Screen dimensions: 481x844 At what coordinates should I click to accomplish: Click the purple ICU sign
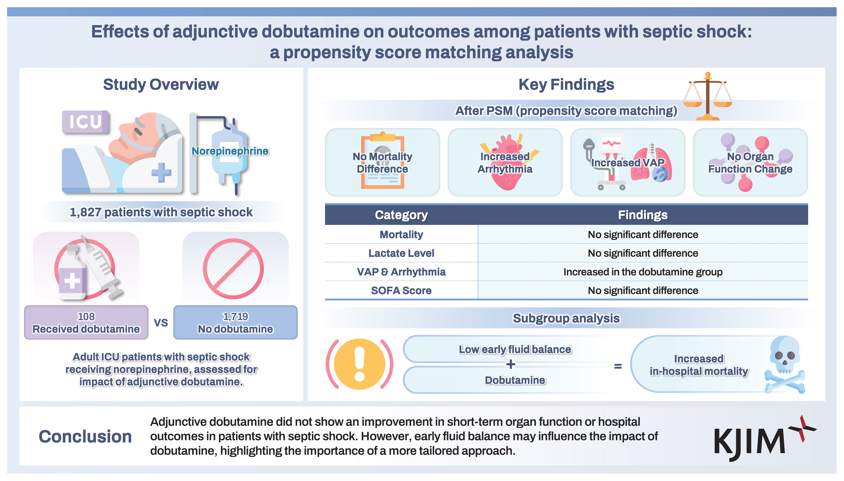pyautogui.click(x=85, y=122)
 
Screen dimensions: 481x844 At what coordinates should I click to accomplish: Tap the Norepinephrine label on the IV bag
pyautogui.click(x=230, y=151)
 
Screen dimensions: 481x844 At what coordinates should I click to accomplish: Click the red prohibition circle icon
pyautogui.click(x=233, y=268)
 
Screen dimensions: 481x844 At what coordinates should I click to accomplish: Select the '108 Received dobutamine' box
pyautogui.click(x=86, y=322)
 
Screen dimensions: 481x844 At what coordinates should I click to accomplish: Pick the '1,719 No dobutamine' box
pyautogui.click(x=235, y=322)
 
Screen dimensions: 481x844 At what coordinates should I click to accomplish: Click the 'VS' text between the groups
pyautogui.click(x=161, y=323)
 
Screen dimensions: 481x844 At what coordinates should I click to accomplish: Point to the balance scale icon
pyautogui.click(x=707, y=96)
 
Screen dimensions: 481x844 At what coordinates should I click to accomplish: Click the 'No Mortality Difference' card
pyautogui.click(x=382, y=162)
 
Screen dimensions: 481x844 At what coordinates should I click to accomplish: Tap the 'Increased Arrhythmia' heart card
pyautogui.click(x=505, y=162)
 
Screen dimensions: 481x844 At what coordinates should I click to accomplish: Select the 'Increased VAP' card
pyautogui.click(x=627, y=162)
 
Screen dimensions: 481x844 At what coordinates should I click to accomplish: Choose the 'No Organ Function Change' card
pyautogui.click(x=750, y=162)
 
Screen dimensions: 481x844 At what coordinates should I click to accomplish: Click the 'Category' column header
pyautogui.click(x=401, y=215)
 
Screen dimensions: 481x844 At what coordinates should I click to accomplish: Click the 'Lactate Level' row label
pyautogui.click(x=401, y=253)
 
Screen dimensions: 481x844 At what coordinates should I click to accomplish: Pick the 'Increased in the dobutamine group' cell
pyautogui.click(x=643, y=272)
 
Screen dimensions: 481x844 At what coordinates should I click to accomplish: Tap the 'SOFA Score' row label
pyautogui.click(x=401, y=290)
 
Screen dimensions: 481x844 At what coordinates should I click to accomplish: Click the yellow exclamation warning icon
pyautogui.click(x=360, y=364)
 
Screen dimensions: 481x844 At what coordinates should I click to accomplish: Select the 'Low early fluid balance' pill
pyautogui.click(x=515, y=349)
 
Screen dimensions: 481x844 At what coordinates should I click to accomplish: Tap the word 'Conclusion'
pyautogui.click(x=85, y=436)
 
